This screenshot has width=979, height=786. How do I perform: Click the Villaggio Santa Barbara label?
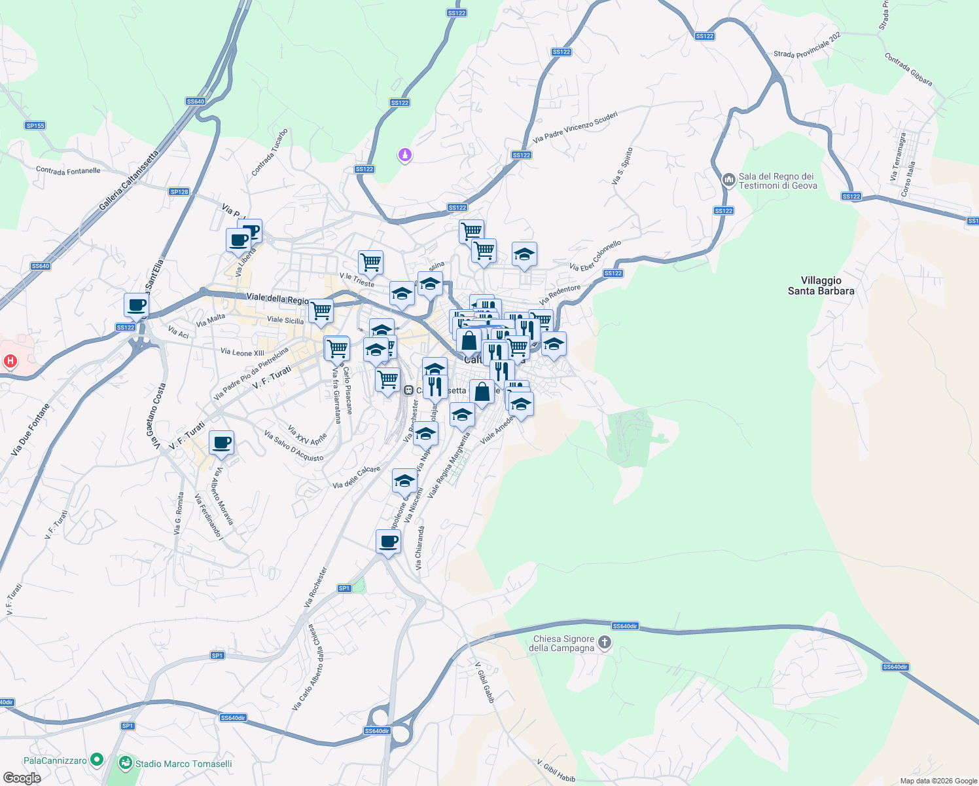pyautogui.click(x=821, y=286)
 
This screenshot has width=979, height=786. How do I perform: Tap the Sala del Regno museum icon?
pyautogui.click(x=728, y=180)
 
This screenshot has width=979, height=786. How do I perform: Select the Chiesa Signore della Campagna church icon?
pyautogui.click(x=605, y=643)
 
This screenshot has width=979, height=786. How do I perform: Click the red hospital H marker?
pyautogui.click(x=10, y=361)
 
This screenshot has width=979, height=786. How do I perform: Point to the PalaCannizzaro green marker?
pyautogui.click(x=97, y=760)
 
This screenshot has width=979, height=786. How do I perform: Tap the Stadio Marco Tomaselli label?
pyautogui.click(x=183, y=764)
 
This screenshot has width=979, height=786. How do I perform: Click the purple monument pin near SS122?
pyautogui.click(x=405, y=155)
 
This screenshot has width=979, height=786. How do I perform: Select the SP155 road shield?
pyautogui.click(x=35, y=126)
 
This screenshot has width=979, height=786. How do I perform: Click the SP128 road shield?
pyautogui.click(x=179, y=192)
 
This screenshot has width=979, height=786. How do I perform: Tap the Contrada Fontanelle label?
pyautogui.click(x=68, y=171)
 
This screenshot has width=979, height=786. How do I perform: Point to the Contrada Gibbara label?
pyautogui.click(x=908, y=69)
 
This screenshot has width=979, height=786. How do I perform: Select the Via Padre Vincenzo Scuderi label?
pyautogui.click(x=575, y=127)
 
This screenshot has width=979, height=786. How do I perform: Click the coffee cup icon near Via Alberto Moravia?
pyautogui.click(x=222, y=442)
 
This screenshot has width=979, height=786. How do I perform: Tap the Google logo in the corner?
pyautogui.click(x=22, y=778)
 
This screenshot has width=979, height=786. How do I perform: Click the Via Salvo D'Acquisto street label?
pyautogui.click(x=294, y=445)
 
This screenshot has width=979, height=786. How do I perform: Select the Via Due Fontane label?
pyautogui.click(x=30, y=430)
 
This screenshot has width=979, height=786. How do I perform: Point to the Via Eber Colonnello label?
pyautogui.click(x=596, y=255)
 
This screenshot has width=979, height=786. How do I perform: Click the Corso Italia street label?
pyautogui.click(x=908, y=178)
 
